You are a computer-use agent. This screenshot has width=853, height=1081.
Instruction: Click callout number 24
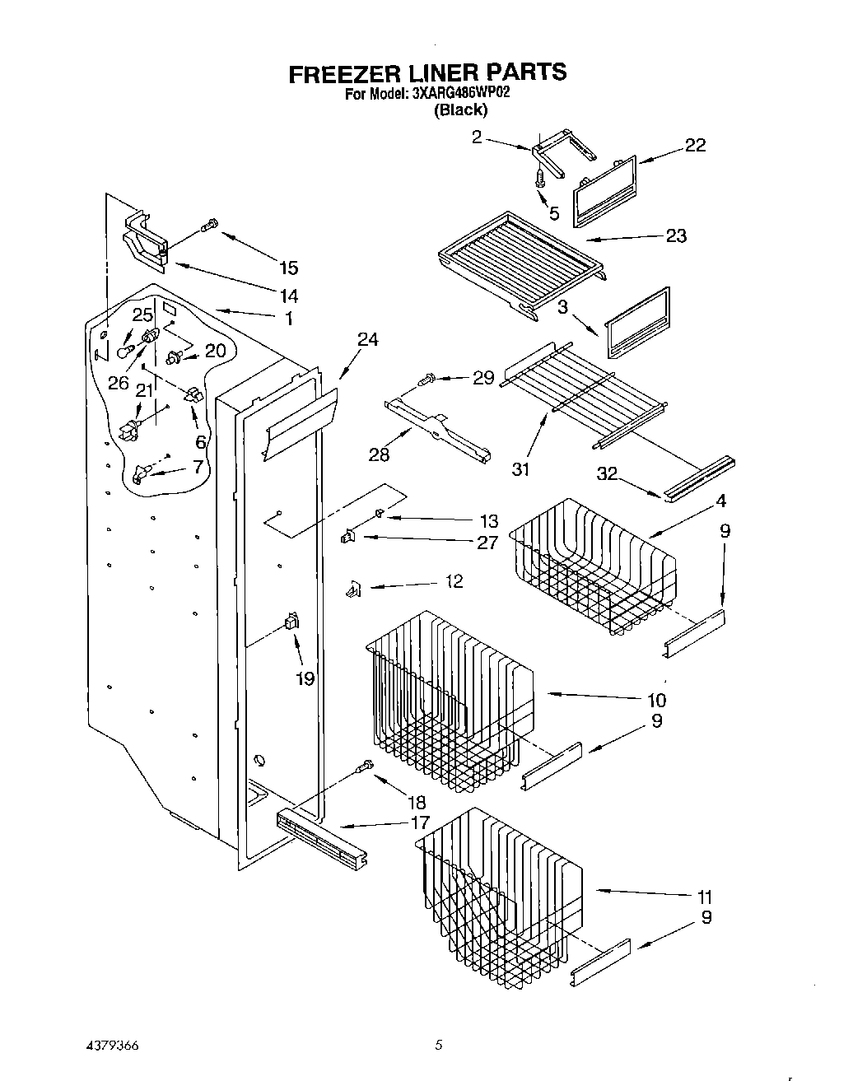[x=368, y=339]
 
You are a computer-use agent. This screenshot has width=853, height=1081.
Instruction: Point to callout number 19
[x=305, y=678]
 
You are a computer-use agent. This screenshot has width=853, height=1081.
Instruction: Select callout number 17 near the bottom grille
[x=420, y=822]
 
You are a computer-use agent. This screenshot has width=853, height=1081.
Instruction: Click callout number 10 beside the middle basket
[x=657, y=701]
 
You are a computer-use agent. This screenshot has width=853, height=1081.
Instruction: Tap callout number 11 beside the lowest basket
[x=705, y=897]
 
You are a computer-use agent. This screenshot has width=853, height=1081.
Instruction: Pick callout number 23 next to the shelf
[x=676, y=235]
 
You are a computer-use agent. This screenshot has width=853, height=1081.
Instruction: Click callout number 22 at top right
[x=696, y=145]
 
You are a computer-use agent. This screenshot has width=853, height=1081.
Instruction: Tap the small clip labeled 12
[x=354, y=588]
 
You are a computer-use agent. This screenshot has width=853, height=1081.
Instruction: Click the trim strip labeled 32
[x=698, y=479]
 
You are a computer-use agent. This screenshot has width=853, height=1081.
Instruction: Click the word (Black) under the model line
[x=460, y=109]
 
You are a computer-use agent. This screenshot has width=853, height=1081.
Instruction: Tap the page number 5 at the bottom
[x=439, y=1046]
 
